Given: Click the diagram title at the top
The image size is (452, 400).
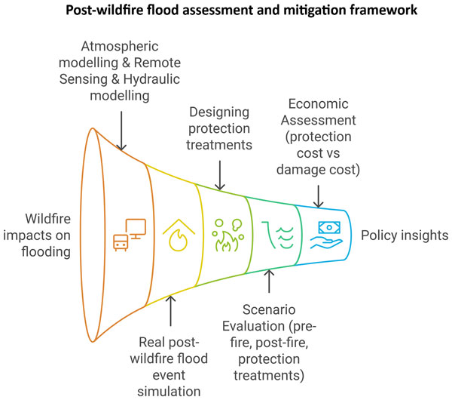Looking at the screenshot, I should [226, 11].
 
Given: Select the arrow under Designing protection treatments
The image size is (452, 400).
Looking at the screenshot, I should [219, 177].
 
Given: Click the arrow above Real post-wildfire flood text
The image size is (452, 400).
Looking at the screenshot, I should [172, 310].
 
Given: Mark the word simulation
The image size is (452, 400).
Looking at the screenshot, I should [169, 390].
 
